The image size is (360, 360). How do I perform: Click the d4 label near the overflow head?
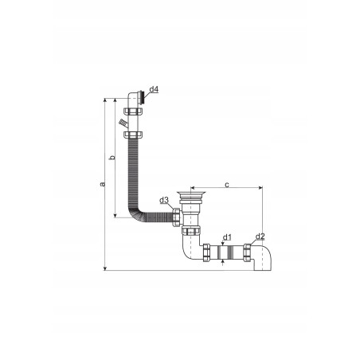[x=154, y=89]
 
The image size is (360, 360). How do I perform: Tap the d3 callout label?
[x=164, y=200]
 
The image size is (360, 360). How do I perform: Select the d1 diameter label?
[x=227, y=237]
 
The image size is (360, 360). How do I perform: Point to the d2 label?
[x=260, y=236]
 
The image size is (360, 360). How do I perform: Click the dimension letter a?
[x=103, y=184]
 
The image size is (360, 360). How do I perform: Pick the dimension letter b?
[x=113, y=157]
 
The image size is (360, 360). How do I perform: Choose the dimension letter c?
[x=227, y=185]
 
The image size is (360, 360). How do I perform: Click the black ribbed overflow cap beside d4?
[x=143, y=98]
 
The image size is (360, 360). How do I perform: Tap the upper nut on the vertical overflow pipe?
[x=133, y=111]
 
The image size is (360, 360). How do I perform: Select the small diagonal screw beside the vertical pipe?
[x=123, y=123]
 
